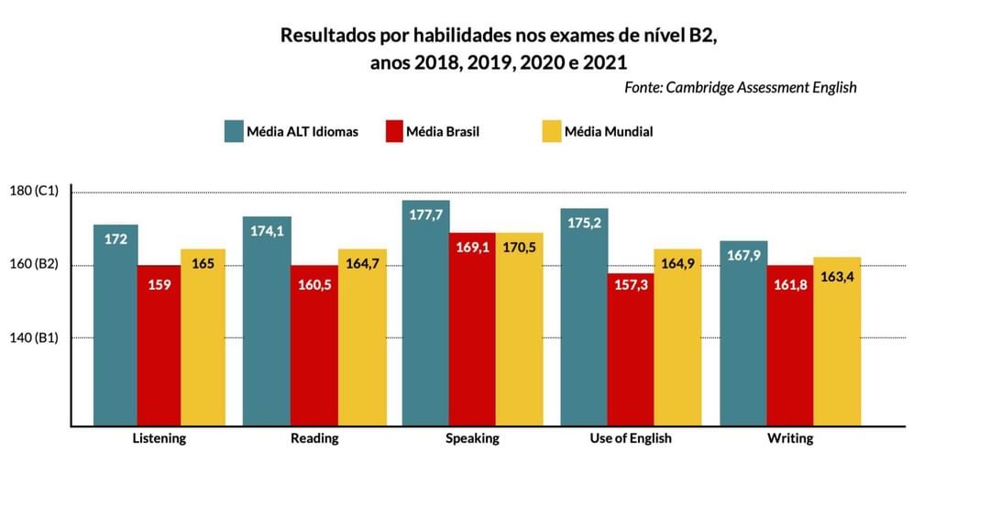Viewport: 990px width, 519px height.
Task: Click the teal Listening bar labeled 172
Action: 115,326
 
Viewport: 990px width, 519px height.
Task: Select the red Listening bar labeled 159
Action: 159,346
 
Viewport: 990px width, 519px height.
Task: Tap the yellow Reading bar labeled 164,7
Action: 362,337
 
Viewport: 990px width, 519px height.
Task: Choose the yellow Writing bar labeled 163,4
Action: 837,341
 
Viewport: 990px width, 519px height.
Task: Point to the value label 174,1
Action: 267,231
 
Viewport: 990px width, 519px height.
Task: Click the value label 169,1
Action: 472,247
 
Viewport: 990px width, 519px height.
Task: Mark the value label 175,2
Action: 584,222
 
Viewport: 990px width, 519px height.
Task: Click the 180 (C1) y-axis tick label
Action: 34,191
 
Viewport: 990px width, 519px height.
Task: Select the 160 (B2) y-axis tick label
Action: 34,264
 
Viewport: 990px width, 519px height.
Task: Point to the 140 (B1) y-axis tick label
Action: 34,337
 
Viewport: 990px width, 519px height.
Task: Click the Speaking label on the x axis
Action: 472,438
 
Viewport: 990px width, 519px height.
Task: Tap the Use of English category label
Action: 631,438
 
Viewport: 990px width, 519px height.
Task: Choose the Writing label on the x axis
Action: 790,438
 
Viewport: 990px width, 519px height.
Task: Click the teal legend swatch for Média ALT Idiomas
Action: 234,131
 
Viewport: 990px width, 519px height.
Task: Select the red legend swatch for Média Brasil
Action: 395,131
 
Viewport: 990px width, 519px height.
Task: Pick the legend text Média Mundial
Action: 609,131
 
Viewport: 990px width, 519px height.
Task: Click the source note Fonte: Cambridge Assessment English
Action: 741,87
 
